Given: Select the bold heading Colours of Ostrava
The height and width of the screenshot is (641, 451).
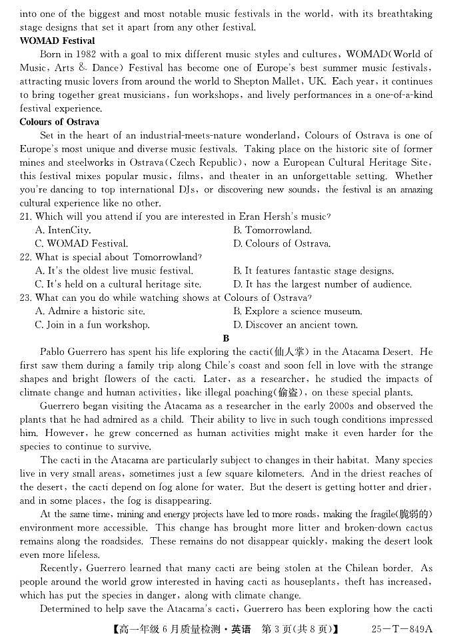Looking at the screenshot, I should [x=59, y=122].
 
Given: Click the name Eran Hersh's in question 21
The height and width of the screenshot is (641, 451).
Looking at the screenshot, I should [x=261, y=216].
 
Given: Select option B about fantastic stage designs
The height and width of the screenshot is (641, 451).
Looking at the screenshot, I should [x=313, y=271].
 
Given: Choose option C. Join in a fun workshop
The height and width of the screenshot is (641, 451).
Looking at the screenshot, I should [x=93, y=325].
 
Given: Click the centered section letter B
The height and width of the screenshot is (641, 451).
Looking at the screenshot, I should [x=226, y=338].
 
